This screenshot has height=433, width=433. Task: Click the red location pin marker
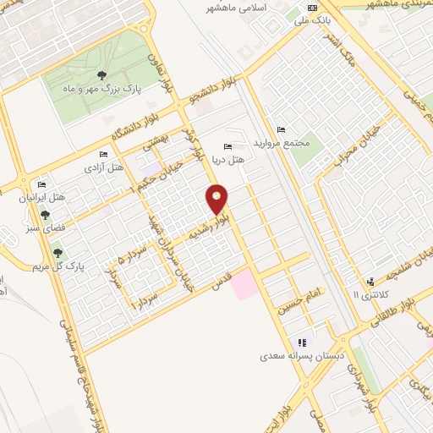click(217, 199)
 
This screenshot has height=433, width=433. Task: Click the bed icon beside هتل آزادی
click(103, 155)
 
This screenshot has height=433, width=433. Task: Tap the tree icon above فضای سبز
click(33, 215)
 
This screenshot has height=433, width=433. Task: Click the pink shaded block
click(243, 283)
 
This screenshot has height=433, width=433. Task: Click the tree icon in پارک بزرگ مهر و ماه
click(102, 75)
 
